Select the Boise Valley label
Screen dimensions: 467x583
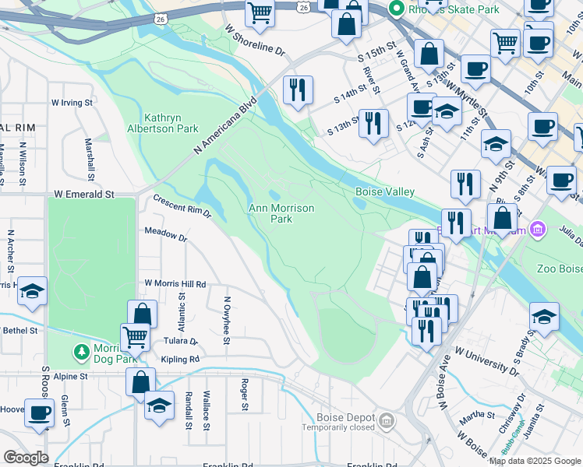(x=385, y=191)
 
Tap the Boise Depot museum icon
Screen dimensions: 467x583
(x=387, y=422)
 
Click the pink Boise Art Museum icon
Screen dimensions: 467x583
(x=535, y=230)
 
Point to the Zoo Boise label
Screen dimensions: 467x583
(x=560, y=269)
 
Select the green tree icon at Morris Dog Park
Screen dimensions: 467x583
(x=82, y=353)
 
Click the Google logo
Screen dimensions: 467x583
(x=25, y=458)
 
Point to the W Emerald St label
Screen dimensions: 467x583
(x=84, y=194)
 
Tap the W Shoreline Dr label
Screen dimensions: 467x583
(x=256, y=40)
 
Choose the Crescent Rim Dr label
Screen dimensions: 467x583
(x=182, y=206)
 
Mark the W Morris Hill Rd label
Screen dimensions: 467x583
(x=175, y=284)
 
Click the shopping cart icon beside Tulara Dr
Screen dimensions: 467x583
(x=135, y=337)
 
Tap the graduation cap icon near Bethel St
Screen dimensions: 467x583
(x=32, y=291)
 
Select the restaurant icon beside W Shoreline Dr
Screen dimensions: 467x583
(x=297, y=90)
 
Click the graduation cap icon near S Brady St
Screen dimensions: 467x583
(x=544, y=317)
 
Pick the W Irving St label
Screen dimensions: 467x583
(x=72, y=102)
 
